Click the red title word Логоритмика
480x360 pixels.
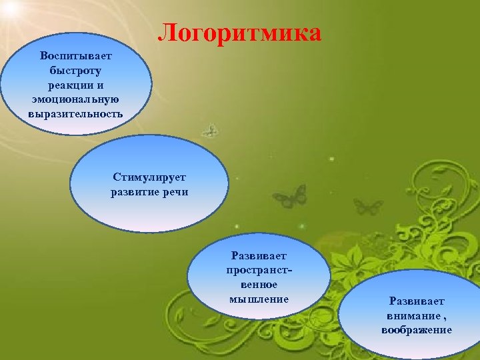click(240, 33)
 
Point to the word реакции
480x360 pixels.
click(71, 84)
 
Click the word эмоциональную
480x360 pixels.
click(75, 99)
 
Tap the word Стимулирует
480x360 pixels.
click(149, 178)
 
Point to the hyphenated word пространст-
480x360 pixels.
click(259, 270)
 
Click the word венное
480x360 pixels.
click(259, 285)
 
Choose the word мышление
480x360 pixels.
click(259, 299)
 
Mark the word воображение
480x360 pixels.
click(417, 330)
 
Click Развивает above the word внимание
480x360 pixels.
click(417, 301)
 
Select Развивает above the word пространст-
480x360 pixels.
click(259, 255)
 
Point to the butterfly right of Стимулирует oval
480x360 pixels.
click(289, 197)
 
